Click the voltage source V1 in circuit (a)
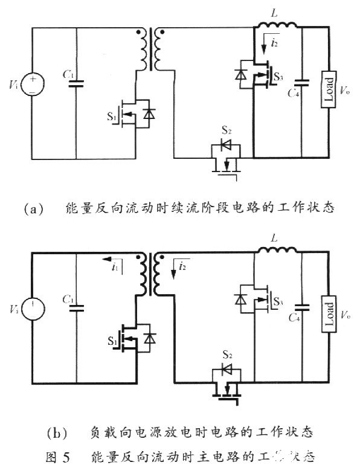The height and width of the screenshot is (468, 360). point(30,85)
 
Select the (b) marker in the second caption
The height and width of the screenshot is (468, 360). point(54,434)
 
